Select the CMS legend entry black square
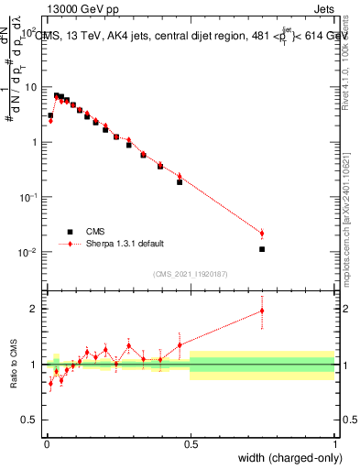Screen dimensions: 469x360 tap(69, 232)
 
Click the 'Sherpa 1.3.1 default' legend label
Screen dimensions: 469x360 tap(126, 244)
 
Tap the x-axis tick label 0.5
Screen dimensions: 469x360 tap(190, 443)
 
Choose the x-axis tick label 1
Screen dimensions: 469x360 tap(335, 443)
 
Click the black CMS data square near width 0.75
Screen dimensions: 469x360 tap(262, 249)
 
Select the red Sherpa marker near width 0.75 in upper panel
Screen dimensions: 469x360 tap(262, 234)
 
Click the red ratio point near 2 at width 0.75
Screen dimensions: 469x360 tap(262, 311)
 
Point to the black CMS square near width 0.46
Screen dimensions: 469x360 tap(180, 182)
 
